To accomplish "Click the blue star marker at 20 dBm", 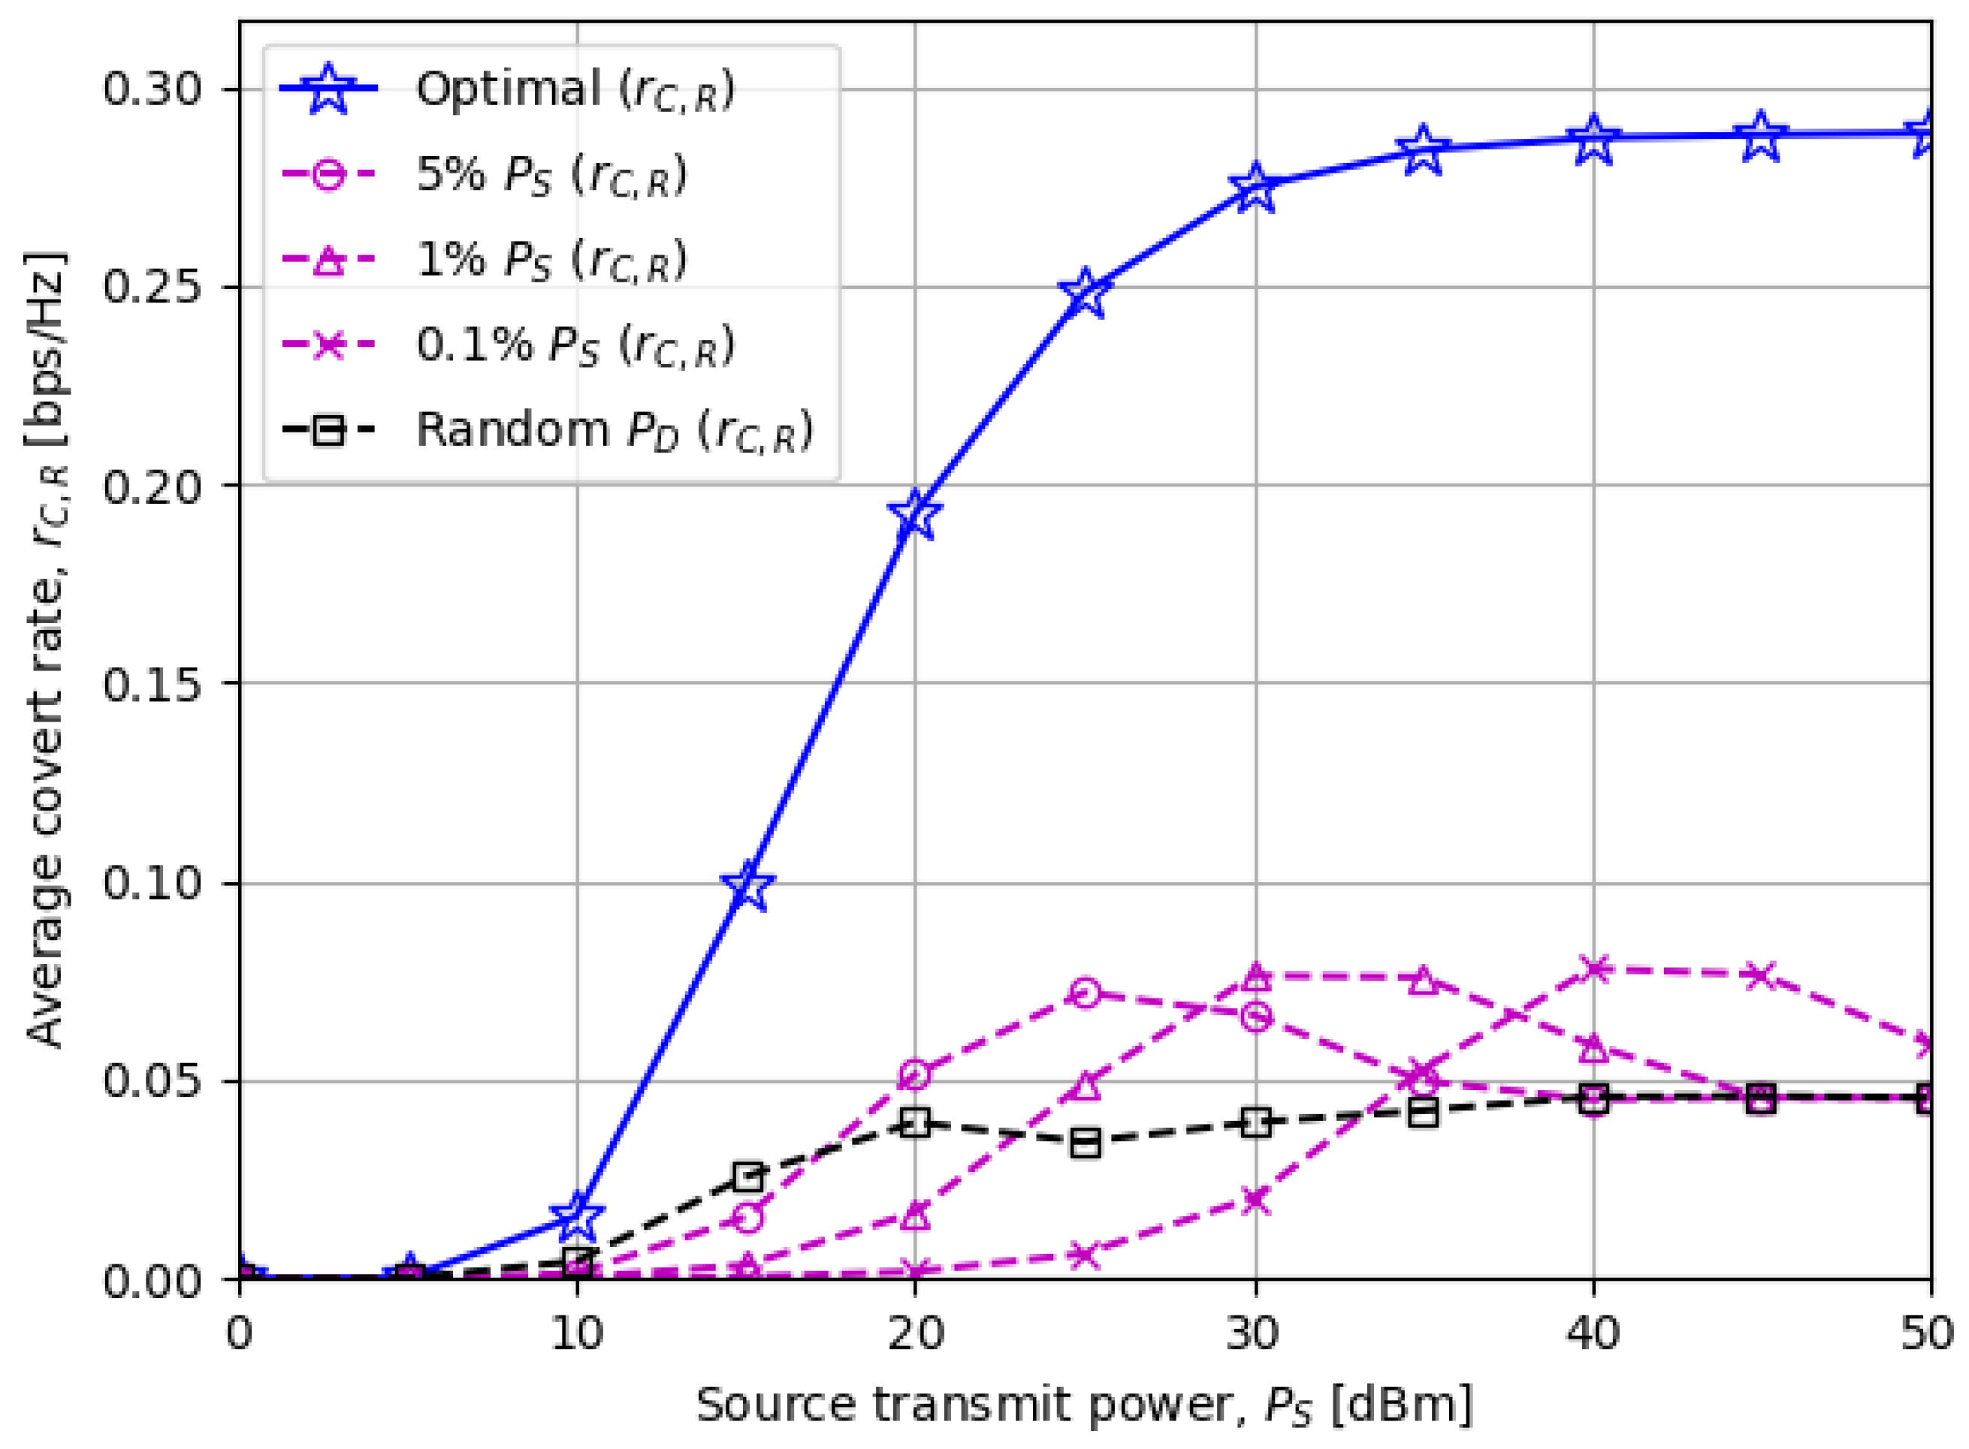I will click(x=915, y=515).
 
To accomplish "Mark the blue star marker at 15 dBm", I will click(x=747, y=886).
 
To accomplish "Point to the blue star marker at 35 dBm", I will click(x=1422, y=149).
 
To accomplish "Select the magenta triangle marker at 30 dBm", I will click(x=1255, y=975).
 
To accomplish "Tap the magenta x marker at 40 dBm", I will click(x=1593, y=969).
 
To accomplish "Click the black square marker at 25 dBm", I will click(x=1086, y=1143).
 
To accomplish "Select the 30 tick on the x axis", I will click(x=1255, y=1334).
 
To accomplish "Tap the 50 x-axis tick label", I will click(x=1928, y=1334).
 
